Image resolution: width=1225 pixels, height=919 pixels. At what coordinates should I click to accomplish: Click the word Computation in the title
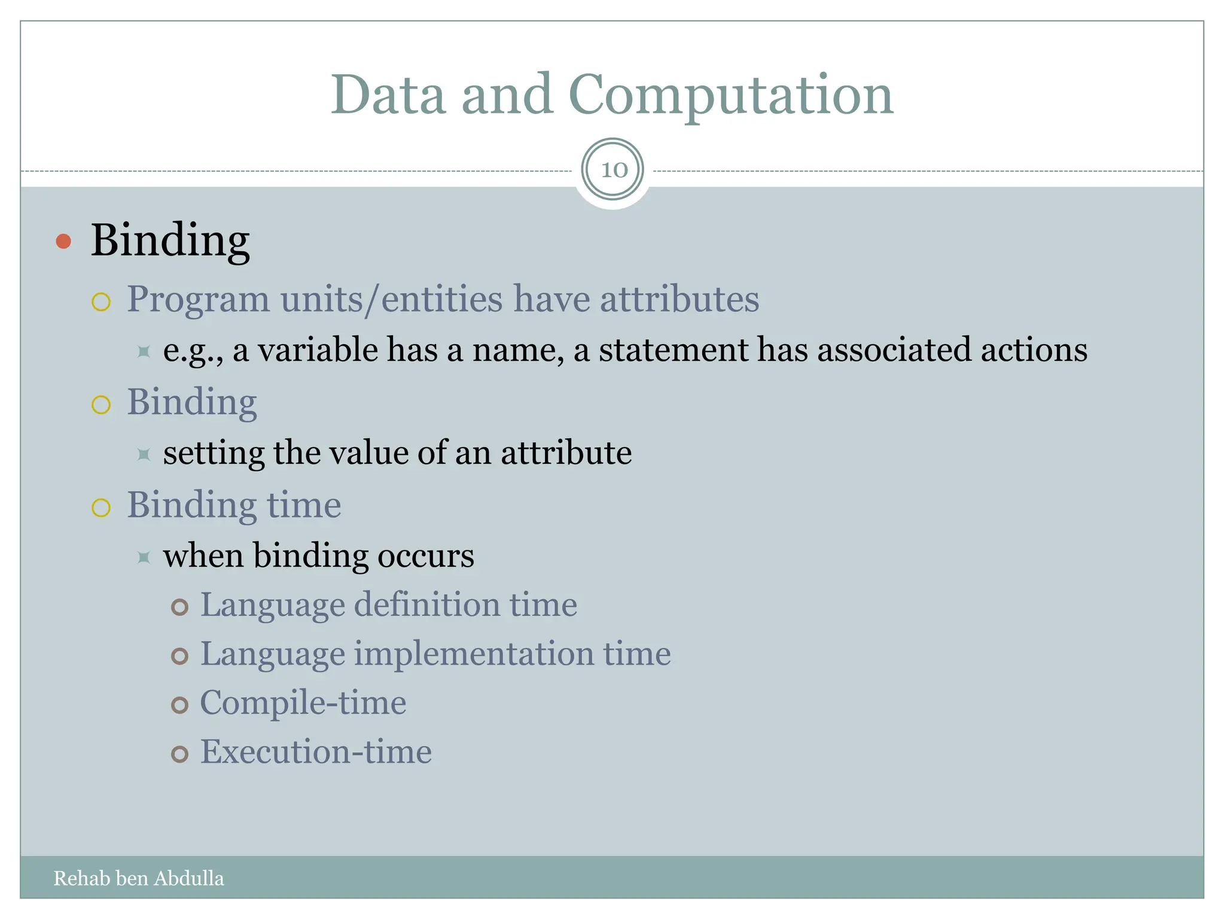point(730,96)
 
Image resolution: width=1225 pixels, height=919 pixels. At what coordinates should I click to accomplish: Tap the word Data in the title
point(388,96)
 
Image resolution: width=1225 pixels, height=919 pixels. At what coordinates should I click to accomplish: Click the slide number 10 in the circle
point(613,170)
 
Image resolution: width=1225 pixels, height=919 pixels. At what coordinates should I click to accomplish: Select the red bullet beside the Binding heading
point(63,242)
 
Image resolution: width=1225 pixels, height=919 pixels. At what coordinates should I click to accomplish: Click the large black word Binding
point(170,241)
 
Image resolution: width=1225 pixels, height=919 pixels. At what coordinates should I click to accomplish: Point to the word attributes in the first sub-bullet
point(679,299)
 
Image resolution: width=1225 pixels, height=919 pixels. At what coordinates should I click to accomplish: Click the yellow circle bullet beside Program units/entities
point(101,302)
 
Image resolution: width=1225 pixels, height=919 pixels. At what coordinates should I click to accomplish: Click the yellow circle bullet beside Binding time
point(101,508)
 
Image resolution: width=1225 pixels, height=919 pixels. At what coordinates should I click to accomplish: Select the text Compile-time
point(303,702)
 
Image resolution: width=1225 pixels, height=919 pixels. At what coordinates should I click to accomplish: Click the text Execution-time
point(315,751)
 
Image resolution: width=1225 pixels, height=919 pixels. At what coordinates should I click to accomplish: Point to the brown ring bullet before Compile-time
point(179,705)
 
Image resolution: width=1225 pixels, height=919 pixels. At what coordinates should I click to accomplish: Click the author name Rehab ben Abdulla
point(139,878)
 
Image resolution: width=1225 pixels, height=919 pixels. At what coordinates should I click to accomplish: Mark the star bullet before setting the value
point(144,455)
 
